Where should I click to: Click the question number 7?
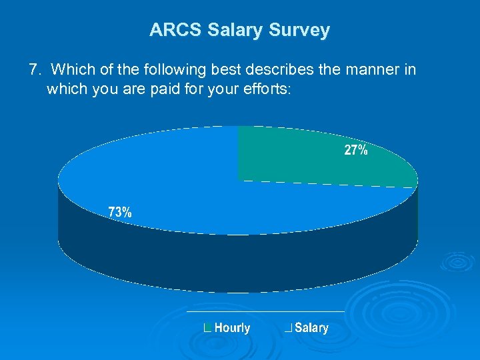[x=34, y=69]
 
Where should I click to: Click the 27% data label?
[x=355, y=151]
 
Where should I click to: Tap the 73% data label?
[x=120, y=213]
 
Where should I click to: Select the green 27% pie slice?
[x=313, y=157]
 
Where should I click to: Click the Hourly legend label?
[x=232, y=327]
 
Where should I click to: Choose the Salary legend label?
[x=311, y=327]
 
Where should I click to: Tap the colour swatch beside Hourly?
[x=207, y=327]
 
